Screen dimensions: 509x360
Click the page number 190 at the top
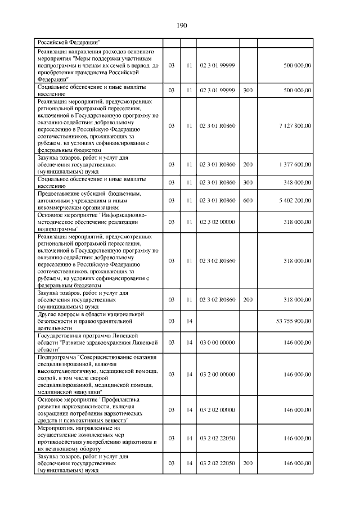coord(181,25)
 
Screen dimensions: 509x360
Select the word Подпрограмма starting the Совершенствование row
coord(57,357)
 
